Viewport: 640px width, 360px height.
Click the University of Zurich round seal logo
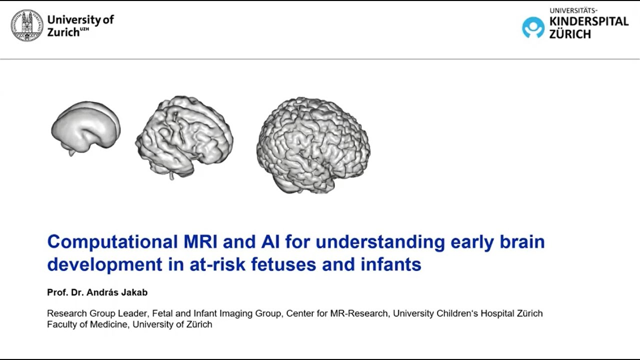coord(27,25)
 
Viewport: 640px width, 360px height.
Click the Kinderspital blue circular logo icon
coord(533,27)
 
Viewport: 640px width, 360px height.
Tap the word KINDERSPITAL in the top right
coord(588,22)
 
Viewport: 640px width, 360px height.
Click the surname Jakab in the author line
coord(133,292)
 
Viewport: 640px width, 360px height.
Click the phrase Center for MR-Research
coord(337,313)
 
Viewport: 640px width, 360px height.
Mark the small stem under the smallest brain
coord(72,151)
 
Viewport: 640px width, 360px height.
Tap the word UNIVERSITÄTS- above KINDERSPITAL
coord(573,10)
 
